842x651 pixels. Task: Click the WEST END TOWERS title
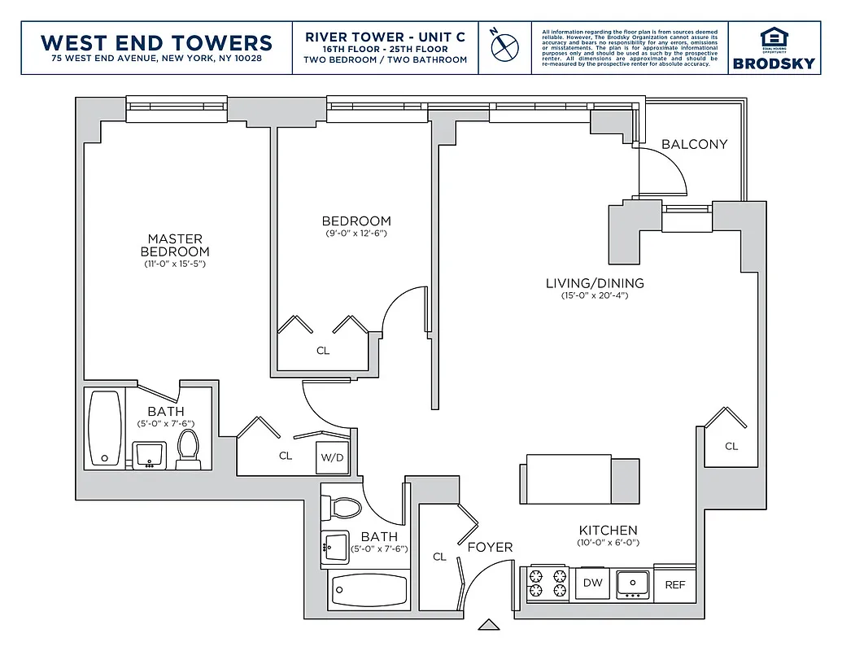(x=156, y=42)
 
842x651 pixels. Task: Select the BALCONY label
(x=694, y=144)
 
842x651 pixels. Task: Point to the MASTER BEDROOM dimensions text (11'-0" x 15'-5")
(x=174, y=264)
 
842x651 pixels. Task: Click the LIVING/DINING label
(x=595, y=283)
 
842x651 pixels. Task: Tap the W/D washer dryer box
(x=332, y=458)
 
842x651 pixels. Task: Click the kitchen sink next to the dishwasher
(x=632, y=583)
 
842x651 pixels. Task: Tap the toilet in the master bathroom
(x=188, y=448)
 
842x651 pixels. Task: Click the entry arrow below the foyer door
(x=488, y=625)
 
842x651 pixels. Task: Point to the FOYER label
(x=490, y=547)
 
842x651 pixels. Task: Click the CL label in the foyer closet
(x=439, y=557)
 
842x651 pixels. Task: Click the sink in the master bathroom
(x=149, y=454)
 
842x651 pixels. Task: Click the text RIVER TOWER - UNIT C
(x=385, y=37)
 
